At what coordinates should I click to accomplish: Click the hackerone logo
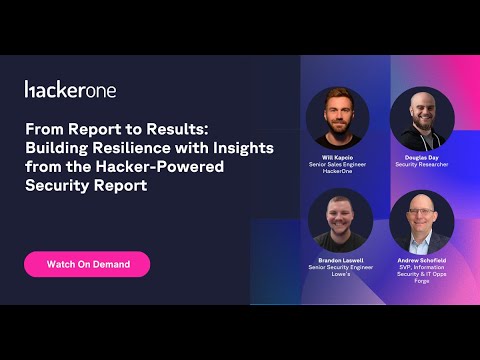(x=70, y=90)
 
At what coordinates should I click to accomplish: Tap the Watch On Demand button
(x=87, y=264)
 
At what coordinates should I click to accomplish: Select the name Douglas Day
(x=422, y=157)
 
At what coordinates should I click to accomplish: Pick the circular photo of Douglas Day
(x=422, y=118)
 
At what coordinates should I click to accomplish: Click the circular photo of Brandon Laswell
(x=339, y=220)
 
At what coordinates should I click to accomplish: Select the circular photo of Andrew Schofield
(x=422, y=220)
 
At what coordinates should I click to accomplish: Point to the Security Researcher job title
(x=422, y=164)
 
